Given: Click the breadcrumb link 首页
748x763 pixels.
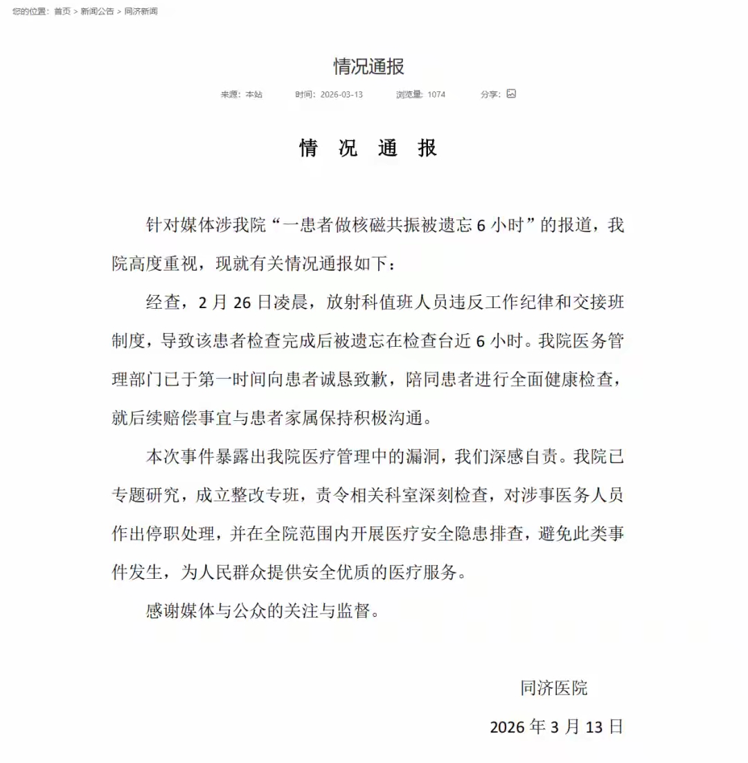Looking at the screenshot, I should pos(62,11).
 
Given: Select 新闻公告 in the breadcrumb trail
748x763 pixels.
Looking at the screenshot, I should pos(97,11).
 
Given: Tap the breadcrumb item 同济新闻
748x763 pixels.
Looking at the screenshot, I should pos(141,11).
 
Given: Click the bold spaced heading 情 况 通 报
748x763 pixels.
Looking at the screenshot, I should pos(368,148).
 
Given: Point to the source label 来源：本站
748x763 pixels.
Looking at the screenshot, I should pos(242,94).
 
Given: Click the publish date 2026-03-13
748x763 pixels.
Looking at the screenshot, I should pos(341,94).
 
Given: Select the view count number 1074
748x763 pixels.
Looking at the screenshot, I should pos(436,94).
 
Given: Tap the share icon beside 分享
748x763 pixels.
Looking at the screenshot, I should pos(511,93).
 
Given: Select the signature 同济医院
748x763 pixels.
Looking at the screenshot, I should pos(554,688).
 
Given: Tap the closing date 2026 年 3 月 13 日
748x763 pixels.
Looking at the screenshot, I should pos(557,726).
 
